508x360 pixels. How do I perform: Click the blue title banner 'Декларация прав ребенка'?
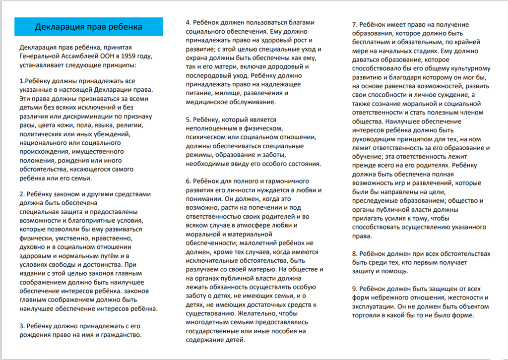pos(89,26)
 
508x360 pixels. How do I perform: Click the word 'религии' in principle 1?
pos(131,124)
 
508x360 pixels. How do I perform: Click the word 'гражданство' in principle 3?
pos(119,334)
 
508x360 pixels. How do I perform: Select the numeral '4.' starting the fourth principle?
pos(189,22)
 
